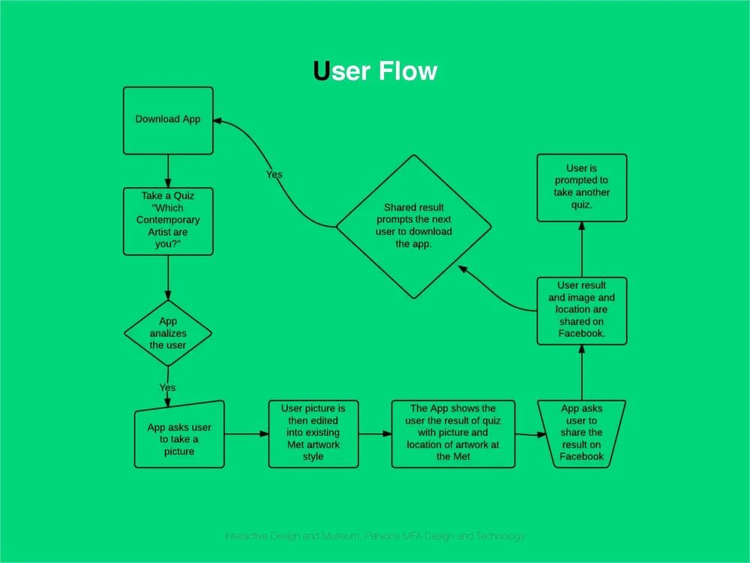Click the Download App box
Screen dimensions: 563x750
pyautogui.click(x=168, y=120)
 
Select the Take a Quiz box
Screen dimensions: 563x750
pyautogui.click(x=168, y=221)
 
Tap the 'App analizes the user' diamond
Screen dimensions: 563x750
pyautogui.click(x=168, y=333)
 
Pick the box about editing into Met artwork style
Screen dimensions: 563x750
pyautogui.click(x=313, y=433)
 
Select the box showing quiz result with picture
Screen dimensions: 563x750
pyautogui.click(x=453, y=433)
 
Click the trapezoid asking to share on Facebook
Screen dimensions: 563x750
pyautogui.click(x=581, y=433)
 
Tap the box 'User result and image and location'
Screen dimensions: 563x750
pyautogui.click(x=581, y=310)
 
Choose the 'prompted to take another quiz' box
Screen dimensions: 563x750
pyautogui.click(x=581, y=187)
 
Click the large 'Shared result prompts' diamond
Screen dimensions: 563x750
pyautogui.click(x=413, y=226)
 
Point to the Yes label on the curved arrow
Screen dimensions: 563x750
pyautogui.click(x=274, y=174)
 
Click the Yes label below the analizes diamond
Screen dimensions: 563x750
pyautogui.click(x=167, y=387)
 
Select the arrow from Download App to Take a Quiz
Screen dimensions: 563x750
pyautogui.click(x=168, y=170)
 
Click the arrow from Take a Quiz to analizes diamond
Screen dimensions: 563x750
pyautogui.click(x=168, y=278)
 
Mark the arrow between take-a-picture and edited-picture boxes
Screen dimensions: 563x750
pyautogui.click(x=246, y=434)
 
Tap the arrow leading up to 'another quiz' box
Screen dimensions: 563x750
pyautogui.click(x=581, y=250)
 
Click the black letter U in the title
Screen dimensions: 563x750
pyautogui.click(x=321, y=71)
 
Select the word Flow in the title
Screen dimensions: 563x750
pyautogui.click(x=407, y=71)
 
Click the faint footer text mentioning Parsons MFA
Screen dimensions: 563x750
pyautogui.click(x=375, y=536)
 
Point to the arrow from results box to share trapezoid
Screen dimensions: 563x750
pyautogui.click(x=526, y=434)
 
